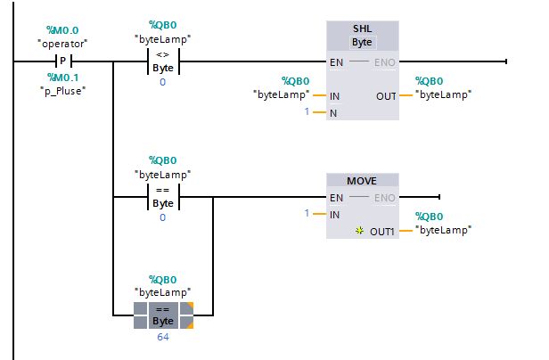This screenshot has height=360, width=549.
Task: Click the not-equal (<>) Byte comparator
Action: click(x=163, y=61)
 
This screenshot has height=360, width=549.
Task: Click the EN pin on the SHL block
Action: click(x=337, y=61)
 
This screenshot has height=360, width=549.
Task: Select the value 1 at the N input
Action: click(x=307, y=111)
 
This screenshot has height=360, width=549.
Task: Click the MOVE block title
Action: click(x=362, y=180)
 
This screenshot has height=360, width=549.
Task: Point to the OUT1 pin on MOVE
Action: click(x=383, y=230)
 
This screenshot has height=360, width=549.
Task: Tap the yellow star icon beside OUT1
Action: click(x=360, y=230)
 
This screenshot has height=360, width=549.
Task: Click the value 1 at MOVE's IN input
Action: click(x=307, y=214)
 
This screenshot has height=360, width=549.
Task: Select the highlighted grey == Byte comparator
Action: click(x=163, y=315)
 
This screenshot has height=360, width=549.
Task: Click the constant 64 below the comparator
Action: click(x=163, y=336)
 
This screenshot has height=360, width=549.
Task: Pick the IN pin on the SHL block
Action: click(x=335, y=94)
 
